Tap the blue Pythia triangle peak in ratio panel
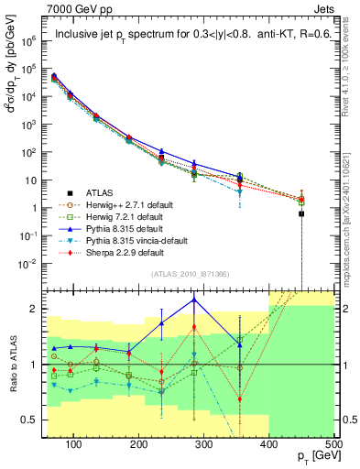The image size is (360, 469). click(194, 300)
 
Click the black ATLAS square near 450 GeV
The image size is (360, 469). click(301, 213)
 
